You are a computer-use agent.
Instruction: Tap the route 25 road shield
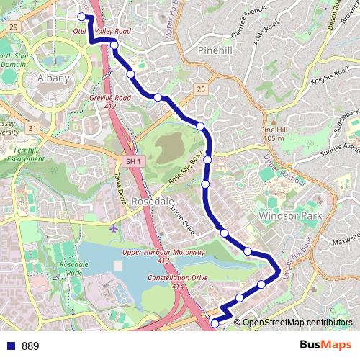pyautogui.click(x=201, y=89)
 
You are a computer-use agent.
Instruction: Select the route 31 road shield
pyautogui.click(x=32, y=128)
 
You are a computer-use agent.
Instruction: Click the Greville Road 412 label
pyautogui.click(x=111, y=102)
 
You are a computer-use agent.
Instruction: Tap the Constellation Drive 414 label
pyautogui.click(x=176, y=282)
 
